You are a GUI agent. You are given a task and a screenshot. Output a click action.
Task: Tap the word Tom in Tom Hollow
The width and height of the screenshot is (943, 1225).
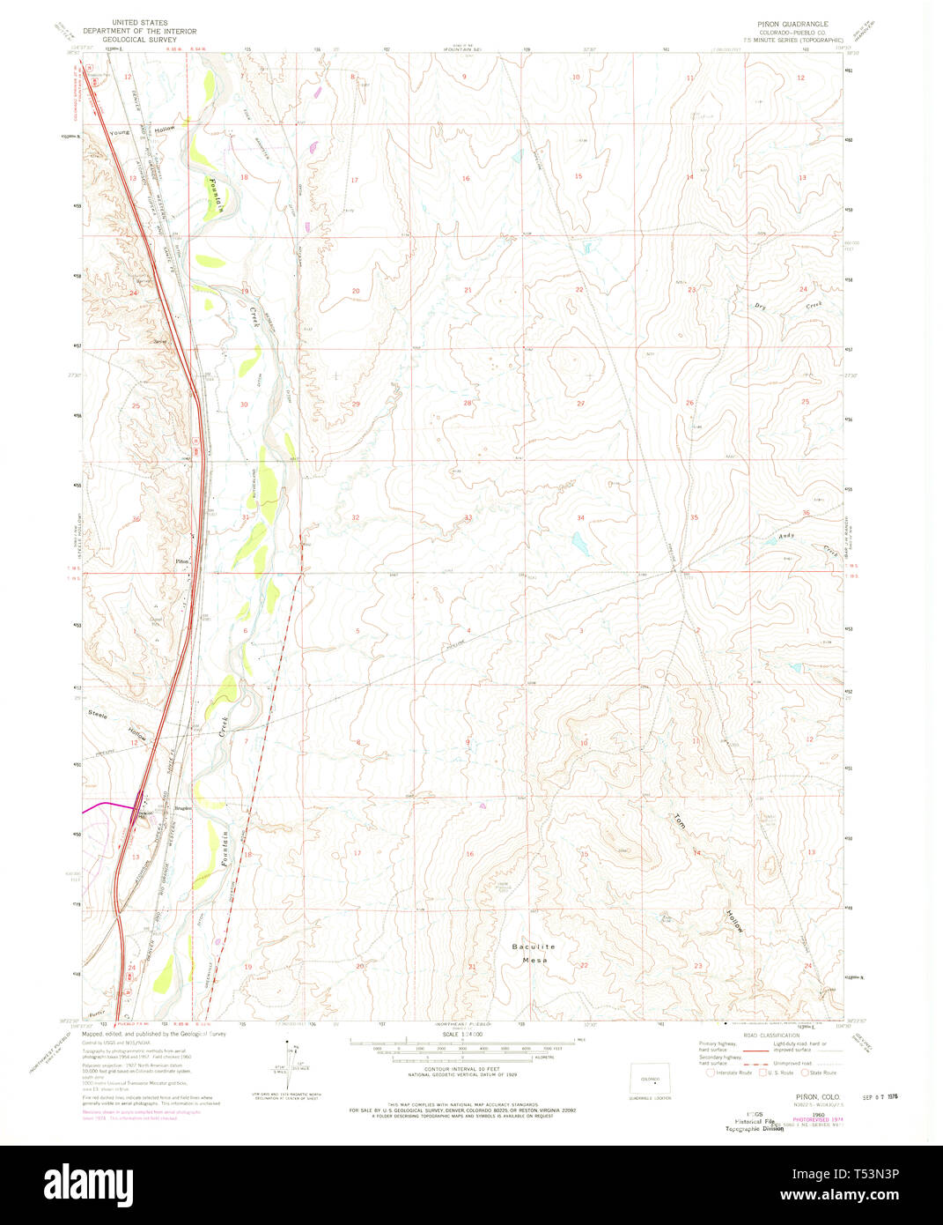(x=679, y=820)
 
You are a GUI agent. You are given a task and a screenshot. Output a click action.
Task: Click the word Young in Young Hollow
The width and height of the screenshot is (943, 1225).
(x=122, y=131)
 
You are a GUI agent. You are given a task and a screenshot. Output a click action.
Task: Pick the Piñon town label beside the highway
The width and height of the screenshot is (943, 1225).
(x=182, y=561)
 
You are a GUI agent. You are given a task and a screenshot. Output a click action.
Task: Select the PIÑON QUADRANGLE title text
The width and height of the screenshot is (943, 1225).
(x=786, y=24)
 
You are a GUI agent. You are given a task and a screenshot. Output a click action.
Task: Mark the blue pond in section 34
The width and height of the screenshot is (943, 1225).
(x=578, y=538)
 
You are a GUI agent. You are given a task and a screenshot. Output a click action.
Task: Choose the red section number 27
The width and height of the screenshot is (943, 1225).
(x=580, y=404)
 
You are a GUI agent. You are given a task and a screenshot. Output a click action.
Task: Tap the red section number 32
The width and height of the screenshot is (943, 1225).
(x=356, y=517)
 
